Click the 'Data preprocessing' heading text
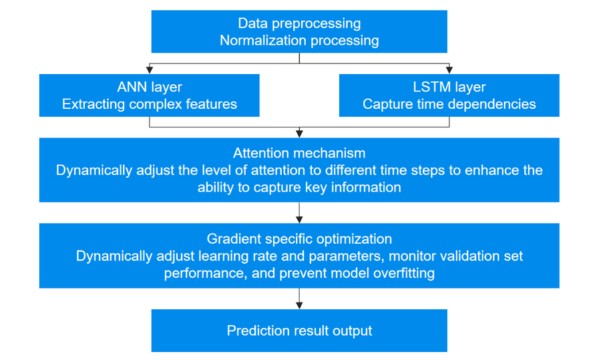coord(299,24)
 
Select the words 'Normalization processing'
coord(299,41)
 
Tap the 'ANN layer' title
coord(150,87)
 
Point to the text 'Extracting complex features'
coord(150,104)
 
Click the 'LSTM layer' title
coord(449,87)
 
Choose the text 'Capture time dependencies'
coord(449,104)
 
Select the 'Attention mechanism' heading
coord(299,153)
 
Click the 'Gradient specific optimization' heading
coord(299,239)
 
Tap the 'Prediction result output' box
coord(299,331)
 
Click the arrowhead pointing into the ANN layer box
coord(150,70)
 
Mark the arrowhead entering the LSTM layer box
coord(449,70)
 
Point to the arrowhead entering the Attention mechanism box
coord(299,134)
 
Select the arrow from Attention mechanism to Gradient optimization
coord(299,213)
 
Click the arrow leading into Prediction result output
coord(299,299)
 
